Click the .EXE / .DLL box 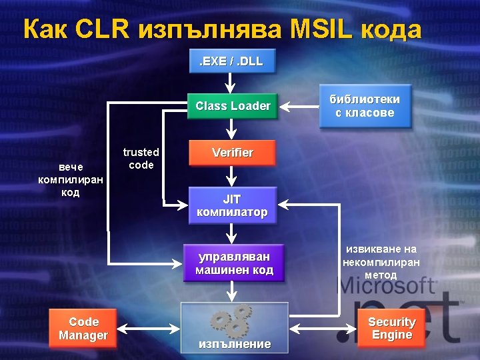pyautogui.click(x=231, y=61)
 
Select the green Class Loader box pyautogui.click(x=232, y=106)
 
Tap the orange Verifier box pyautogui.click(x=232, y=153)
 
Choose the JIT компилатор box pyautogui.click(x=232, y=205)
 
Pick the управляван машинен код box pyautogui.click(x=233, y=263)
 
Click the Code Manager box pyautogui.click(x=83, y=329)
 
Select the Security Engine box pyautogui.click(x=392, y=328)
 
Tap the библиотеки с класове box pyautogui.click(x=365, y=106)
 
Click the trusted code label pyautogui.click(x=141, y=159)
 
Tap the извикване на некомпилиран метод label pyautogui.click(x=381, y=261)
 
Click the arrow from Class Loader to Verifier pyautogui.click(x=231, y=129)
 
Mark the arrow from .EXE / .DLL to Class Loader pyautogui.click(x=231, y=83)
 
